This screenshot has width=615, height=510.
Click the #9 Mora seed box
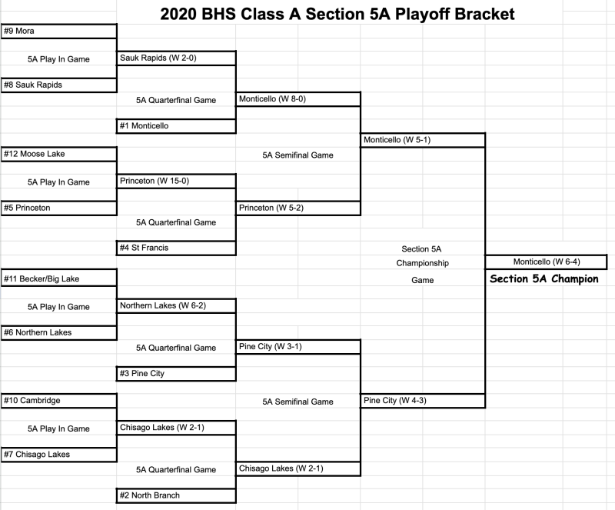pos(59,32)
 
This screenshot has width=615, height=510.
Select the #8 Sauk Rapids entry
pos(59,85)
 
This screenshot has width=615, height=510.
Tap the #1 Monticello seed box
pos(176,126)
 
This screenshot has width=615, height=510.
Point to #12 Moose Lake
pos(59,154)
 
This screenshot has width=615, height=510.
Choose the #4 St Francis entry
pos(176,248)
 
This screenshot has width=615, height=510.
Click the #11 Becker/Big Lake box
pos(59,278)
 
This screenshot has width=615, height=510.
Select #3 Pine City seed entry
pos(176,374)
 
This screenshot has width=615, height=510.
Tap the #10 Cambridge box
pos(59,401)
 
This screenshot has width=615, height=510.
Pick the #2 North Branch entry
pos(176,496)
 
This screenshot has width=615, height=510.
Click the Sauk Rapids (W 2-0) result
pos(176,58)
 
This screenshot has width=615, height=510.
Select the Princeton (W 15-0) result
pos(176,181)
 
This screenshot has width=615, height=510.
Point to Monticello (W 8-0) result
pos(298,99)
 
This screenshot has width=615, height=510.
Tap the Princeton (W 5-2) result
pos(298,208)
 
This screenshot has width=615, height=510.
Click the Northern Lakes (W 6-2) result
pos(176,306)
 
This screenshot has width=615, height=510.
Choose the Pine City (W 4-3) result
pos(422,401)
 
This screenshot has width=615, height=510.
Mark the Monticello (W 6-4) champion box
pos(546,262)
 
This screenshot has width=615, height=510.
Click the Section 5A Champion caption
pos(544,278)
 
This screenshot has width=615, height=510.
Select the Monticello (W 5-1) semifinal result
pos(422,140)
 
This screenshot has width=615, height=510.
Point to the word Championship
pos(422,263)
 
